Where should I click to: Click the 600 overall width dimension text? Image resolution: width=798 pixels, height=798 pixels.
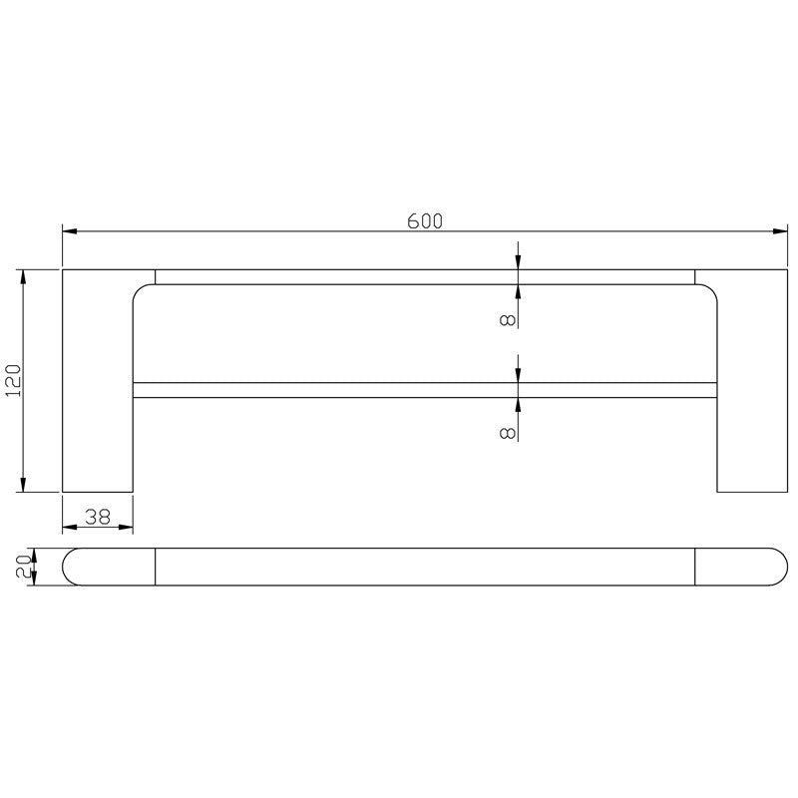[424, 221]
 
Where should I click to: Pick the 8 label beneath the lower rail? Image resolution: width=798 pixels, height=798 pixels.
[508, 432]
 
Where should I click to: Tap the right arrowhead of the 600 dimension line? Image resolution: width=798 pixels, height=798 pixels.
[780, 232]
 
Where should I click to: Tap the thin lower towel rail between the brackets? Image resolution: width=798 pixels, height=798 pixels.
[424, 390]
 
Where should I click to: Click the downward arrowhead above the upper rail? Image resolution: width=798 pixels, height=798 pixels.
[518, 262]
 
